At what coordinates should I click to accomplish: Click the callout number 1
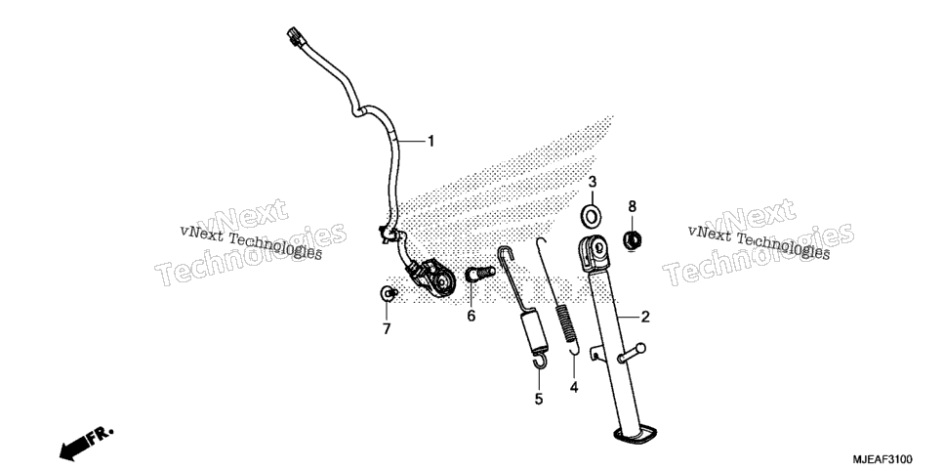pos(430,142)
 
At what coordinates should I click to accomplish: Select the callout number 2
pos(644,317)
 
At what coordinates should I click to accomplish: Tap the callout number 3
pos(592,182)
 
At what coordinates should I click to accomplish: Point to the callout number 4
pos(574,387)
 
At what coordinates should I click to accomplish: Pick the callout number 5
pos(539,399)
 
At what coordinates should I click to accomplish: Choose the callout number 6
pos(471,316)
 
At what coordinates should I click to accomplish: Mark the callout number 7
pos(387,329)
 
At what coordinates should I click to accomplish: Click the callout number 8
pos(632,206)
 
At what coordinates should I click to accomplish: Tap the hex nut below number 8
pos(632,241)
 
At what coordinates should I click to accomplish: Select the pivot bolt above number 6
pos(480,274)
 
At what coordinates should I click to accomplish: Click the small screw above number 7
pos(388,293)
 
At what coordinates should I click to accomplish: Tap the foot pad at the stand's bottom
pos(635,434)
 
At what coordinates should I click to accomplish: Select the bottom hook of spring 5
pos(541,361)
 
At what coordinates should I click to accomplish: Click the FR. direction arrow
pos(87,444)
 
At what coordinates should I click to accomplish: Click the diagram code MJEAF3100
pos(882,459)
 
